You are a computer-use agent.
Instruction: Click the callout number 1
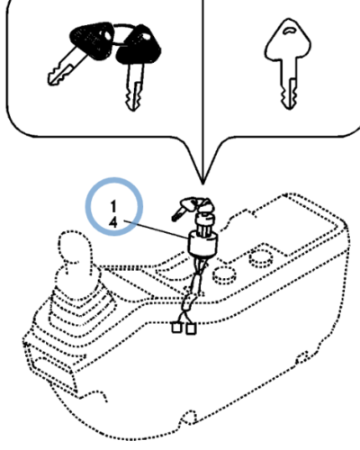(x=113, y=207)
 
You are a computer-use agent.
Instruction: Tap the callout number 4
(x=113, y=222)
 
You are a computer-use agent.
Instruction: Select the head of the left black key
(x=92, y=40)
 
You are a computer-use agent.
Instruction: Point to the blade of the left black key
(x=65, y=68)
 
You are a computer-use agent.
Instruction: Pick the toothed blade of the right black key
(x=134, y=86)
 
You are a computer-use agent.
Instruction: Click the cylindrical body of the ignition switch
(x=202, y=245)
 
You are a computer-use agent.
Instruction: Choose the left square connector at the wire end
(x=176, y=327)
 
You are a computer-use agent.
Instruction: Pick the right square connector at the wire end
(x=191, y=328)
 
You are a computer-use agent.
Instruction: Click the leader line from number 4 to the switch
(x=156, y=229)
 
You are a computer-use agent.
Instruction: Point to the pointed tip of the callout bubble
(x=203, y=184)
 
